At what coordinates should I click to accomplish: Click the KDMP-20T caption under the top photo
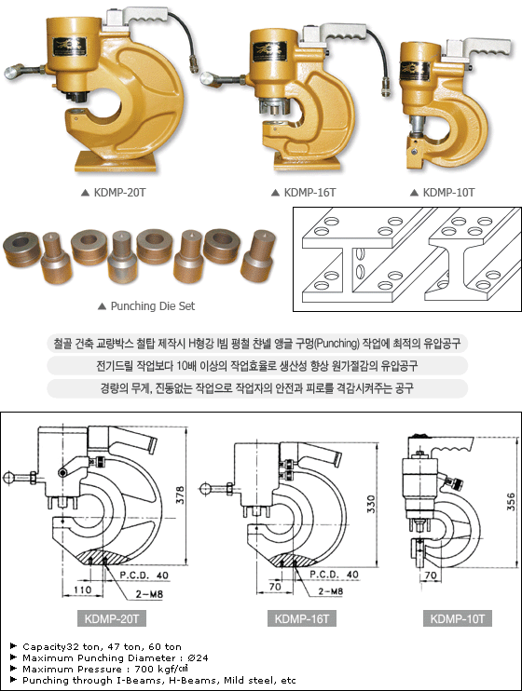pyautogui.click(x=119, y=193)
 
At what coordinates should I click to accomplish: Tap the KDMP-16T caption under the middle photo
pyautogui.click(x=309, y=193)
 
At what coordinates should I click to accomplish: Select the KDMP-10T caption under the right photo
pyautogui.click(x=448, y=193)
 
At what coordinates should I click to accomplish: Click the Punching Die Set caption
pyautogui.click(x=153, y=305)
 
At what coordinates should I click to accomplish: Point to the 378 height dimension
pyautogui.click(x=181, y=495)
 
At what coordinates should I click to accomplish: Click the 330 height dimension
pyautogui.click(x=371, y=504)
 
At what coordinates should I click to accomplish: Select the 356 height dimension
pyautogui.click(x=511, y=502)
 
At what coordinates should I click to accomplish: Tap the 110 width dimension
pyautogui.click(x=83, y=589)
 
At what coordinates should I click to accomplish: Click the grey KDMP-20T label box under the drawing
pyautogui.click(x=112, y=618)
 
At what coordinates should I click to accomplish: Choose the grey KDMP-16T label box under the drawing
pyautogui.click(x=302, y=618)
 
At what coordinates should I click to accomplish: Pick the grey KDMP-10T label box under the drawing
pyautogui.click(x=458, y=618)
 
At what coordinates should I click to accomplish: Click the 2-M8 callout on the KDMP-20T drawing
pyautogui.click(x=149, y=594)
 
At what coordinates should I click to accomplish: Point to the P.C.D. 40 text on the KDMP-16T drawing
pyautogui.click(x=334, y=575)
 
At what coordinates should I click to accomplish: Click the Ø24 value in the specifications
pyautogui.click(x=198, y=658)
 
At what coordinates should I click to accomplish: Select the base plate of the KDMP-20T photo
pyautogui.click(x=116, y=162)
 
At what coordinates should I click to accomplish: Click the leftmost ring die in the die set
pyautogui.click(x=22, y=247)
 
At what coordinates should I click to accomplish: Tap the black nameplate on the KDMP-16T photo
pyautogui.click(x=269, y=52)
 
